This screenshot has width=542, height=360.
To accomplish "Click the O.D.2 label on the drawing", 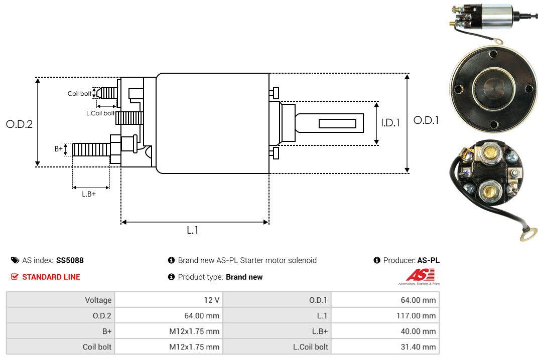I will click(x=19, y=124).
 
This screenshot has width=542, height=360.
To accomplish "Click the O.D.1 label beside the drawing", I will click(x=426, y=120).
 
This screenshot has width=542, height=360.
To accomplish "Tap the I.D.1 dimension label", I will click(x=390, y=122).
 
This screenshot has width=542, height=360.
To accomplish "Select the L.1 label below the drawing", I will click(x=193, y=230).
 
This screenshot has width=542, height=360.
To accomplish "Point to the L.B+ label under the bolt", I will click(x=89, y=194).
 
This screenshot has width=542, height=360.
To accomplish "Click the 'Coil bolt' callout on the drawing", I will click(x=79, y=94).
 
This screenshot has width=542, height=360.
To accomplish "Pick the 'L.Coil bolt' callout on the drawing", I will click(x=101, y=113).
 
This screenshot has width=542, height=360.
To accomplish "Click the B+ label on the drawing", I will click(x=59, y=149).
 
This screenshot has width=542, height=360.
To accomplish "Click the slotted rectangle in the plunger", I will click(x=337, y=123).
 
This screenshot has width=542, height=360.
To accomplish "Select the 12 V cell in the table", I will click(x=211, y=300).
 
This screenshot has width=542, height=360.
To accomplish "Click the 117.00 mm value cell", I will click(x=416, y=316).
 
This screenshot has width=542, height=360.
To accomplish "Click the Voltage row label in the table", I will click(x=98, y=300).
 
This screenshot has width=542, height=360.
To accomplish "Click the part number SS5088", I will click(x=70, y=260).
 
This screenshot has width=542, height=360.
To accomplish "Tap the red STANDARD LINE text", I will click(x=51, y=277).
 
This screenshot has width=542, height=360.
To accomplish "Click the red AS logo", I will click(x=420, y=275).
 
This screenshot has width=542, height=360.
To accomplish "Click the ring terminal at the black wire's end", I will click(x=524, y=234).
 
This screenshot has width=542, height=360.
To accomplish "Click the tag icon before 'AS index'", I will click(x=15, y=260).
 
